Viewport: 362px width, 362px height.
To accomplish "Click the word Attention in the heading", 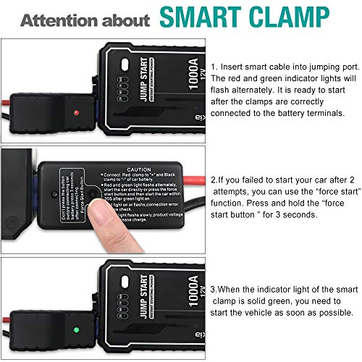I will tap(59, 20).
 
